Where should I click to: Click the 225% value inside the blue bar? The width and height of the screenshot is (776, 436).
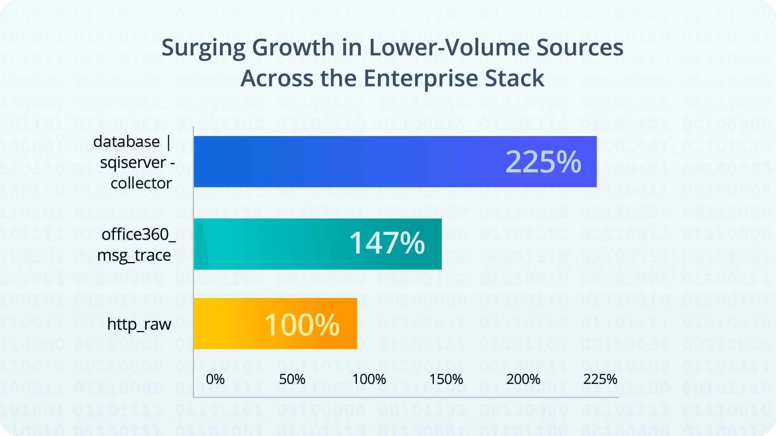(543, 162)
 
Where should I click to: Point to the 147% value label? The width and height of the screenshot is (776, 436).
(387, 243)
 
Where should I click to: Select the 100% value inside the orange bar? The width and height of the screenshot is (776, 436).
(302, 325)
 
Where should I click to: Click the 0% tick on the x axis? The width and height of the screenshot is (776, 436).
(215, 379)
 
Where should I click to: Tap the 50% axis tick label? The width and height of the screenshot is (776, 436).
(292, 379)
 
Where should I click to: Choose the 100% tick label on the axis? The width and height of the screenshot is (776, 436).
(369, 379)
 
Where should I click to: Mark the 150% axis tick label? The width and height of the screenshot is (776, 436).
(446, 379)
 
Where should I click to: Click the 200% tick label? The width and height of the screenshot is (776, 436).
(523, 379)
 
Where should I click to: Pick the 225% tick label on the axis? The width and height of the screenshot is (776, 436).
(600, 379)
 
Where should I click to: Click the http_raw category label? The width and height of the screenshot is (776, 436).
(139, 324)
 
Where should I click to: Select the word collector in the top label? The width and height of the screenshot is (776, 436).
(141, 183)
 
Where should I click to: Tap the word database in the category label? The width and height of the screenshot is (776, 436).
(127, 142)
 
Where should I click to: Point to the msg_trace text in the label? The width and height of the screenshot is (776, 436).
(134, 255)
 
